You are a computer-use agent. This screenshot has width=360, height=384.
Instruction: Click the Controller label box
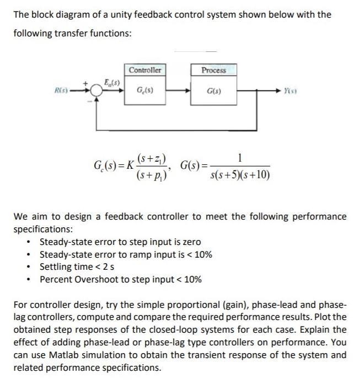(145, 70)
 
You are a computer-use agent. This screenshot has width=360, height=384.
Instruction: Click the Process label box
(213, 70)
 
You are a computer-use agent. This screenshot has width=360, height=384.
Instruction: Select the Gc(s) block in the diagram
(145, 89)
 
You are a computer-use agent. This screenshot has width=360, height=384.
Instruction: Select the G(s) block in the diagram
(213, 89)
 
